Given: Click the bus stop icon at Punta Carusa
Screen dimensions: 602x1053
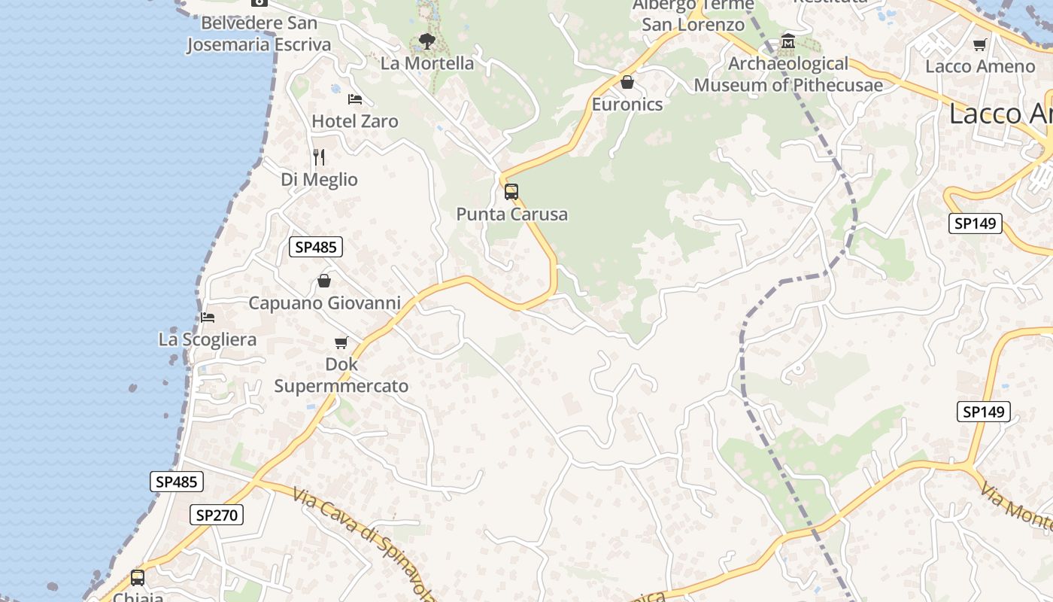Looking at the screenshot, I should [x=511, y=192].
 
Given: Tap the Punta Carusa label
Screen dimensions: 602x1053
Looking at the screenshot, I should [x=512, y=214].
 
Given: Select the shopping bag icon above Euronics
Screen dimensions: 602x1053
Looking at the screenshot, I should [x=627, y=82].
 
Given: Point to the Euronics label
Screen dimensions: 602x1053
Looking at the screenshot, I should [x=627, y=105].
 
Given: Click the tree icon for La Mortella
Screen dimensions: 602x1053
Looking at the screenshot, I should [x=427, y=41].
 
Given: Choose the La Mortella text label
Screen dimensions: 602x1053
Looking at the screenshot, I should [x=427, y=63].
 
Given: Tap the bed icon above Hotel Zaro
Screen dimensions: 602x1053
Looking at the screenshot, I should [x=355, y=99].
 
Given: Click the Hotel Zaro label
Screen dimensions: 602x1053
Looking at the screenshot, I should [x=355, y=121].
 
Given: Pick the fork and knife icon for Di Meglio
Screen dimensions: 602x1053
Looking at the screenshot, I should [x=320, y=157].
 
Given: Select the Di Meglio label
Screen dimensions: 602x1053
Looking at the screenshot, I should [x=320, y=180].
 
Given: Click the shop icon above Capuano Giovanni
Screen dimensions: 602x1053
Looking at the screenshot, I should [x=324, y=281].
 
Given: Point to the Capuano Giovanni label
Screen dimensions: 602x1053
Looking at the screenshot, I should [x=324, y=303].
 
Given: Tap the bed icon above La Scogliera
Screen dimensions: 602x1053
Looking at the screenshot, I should [x=208, y=318].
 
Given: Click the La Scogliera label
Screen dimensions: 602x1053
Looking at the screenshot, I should [x=208, y=339].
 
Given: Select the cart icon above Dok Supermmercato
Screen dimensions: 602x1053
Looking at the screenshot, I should [x=341, y=343].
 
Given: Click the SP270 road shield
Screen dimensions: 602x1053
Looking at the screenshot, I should [x=216, y=515].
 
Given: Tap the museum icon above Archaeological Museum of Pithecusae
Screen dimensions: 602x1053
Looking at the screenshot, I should [x=788, y=41].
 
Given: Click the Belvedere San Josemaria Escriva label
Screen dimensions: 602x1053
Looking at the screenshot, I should [x=259, y=34].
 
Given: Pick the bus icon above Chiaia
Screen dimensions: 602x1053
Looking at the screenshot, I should [x=138, y=578].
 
